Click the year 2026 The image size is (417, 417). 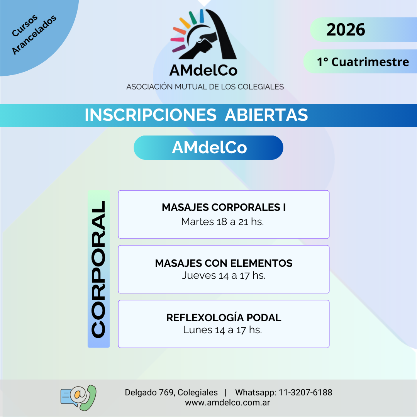click(346, 29)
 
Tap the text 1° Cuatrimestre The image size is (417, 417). click(363, 62)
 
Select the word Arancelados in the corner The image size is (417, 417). click(34, 35)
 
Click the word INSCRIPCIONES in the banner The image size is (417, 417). click(151, 115)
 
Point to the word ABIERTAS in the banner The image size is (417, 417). click(266, 115)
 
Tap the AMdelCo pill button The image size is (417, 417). click(208, 147)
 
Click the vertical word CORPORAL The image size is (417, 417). click(98, 269)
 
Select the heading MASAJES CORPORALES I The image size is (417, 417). click(224, 207)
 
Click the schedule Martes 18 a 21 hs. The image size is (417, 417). click(222, 222)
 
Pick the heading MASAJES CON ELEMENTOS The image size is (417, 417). click(224, 263)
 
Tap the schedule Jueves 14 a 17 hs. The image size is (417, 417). click(224, 276)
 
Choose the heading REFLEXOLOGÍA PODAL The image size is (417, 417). click(224, 317)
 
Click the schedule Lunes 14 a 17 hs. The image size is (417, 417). click(222, 330)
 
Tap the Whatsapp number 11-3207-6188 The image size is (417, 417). click(305, 392)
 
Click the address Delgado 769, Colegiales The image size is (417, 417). click(171, 392)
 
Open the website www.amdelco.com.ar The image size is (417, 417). click(227, 403)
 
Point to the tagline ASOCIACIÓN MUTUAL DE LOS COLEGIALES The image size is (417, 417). click(205, 87)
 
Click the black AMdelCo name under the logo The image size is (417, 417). click(203, 71)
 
